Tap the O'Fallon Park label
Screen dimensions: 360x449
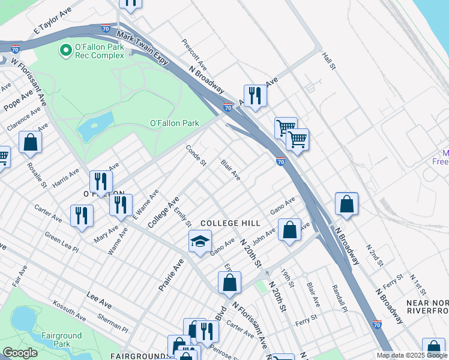pyautogui.click(x=174, y=123)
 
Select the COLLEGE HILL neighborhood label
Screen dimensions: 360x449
pyautogui.click(x=231, y=223)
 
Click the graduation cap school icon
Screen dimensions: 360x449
pyautogui.click(x=200, y=242)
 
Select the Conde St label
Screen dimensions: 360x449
pyautogui.click(x=196, y=155)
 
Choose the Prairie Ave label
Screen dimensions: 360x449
pyautogui.click(x=170, y=275)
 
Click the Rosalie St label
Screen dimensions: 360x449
pyautogui.click(x=37, y=175)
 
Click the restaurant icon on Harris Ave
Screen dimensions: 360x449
pyautogui.click(x=101, y=182)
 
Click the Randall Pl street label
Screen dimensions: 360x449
pyautogui.click(x=338, y=298)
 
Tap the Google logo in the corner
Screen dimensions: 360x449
pyautogui.click(x=20, y=353)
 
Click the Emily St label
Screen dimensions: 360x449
pyautogui.click(x=182, y=217)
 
